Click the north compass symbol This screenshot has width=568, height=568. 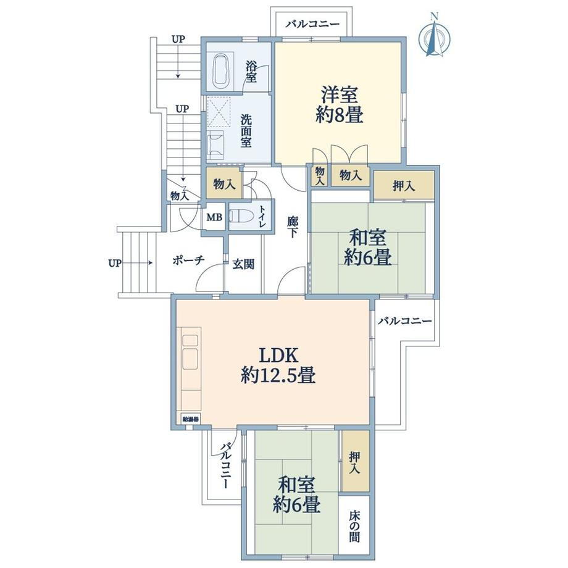tap(435, 36)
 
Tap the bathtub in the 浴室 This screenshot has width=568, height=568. tap(221, 71)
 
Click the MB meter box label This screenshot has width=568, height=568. tap(214, 217)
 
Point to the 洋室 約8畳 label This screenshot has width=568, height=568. tap(339, 105)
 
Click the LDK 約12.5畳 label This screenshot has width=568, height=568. tap(278, 365)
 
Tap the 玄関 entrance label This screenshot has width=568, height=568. tap(243, 264)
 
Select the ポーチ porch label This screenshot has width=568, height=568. tap(188, 260)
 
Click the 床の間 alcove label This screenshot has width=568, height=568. tap(354, 526)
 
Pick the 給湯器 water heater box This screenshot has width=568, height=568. tap(190, 419)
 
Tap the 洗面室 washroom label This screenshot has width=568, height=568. tap(246, 131)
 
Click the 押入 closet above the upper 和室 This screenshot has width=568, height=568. tap(404, 185)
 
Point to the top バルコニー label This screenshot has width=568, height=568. tap(312, 24)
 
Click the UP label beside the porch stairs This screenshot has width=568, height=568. tap(114, 263)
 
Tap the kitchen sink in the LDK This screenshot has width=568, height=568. tap(190, 358)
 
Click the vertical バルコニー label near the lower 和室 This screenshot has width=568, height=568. tap(226, 466)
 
